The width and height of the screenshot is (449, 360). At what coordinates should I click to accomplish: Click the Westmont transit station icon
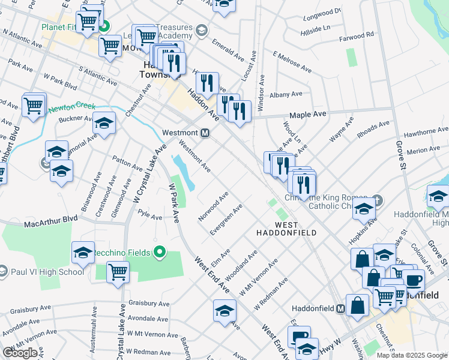[x=205, y=133]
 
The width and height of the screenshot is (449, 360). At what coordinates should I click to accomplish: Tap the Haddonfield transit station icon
[x=340, y=308]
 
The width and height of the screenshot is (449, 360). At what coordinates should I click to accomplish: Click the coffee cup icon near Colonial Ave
[x=414, y=280]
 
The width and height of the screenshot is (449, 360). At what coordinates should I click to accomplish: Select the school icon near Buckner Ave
[x=104, y=124]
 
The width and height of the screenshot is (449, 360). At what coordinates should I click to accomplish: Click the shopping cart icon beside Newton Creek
[x=34, y=105]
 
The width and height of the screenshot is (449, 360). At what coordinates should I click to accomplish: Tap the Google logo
[x=20, y=353]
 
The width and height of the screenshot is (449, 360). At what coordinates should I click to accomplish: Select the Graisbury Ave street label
[x=148, y=302]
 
